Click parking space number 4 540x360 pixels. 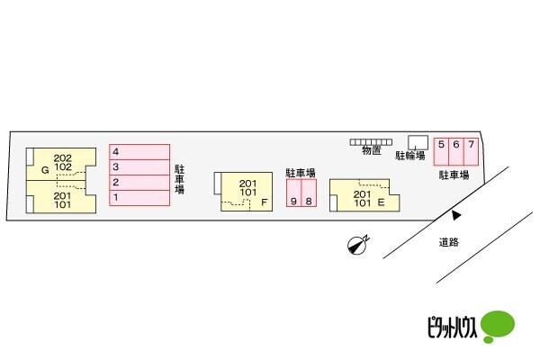pyautogui.click(x=139, y=152)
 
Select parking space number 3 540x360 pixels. pyautogui.click(x=139, y=167)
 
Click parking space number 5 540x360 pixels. pyautogui.click(x=442, y=150)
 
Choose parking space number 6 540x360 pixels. pyautogui.click(x=456, y=150)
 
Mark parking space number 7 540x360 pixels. pyautogui.click(x=470, y=150)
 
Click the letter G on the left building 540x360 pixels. pyautogui.click(x=43, y=169)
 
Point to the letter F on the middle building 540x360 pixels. pyautogui.click(x=264, y=203)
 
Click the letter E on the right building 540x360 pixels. pyautogui.click(x=382, y=203)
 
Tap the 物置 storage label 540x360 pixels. pyautogui.click(x=371, y=152)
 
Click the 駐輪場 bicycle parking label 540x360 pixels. pyautogui.click(x=409, y=156)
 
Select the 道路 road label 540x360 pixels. pyautogui.click(x=449, y=242)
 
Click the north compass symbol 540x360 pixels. pyautogui.click(x=358, y=246)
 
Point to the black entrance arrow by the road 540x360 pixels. pyautogui.click(x=456, y=215)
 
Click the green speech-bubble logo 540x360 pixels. pyautogui.click(x=498, y=325)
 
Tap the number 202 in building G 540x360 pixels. pyautogui.click(x=62, y=157)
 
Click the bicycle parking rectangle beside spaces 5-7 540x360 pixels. pyautogui.click(x=418, y=141)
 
